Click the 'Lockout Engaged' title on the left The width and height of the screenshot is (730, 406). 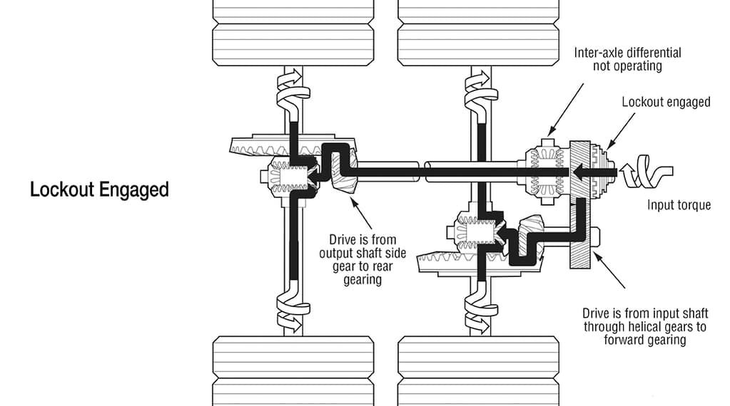pyautogui.click(x=99, y=190)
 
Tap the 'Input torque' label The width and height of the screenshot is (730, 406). pyautogui.click(x=679, y=205)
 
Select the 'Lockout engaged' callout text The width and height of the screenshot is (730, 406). pyautogui.click(x=666, y=102)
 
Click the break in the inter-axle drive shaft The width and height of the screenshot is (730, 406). pyautogui.click(x=423, y=171)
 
